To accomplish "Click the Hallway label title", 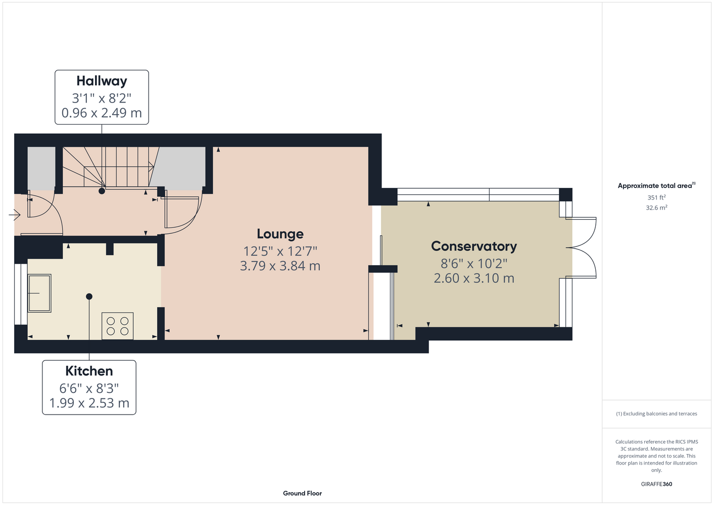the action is pos(102,81).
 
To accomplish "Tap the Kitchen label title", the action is pos(89,371).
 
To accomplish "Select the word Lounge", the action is pos(280,234).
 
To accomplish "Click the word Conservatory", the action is pos(474,246).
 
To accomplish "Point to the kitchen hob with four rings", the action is pos(117,326).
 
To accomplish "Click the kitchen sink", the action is pos(39,293).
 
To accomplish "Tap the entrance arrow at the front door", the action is pos(15,215).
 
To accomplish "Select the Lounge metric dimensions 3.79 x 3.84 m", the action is pos(280,266).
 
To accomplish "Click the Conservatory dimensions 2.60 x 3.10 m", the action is pos(474,278).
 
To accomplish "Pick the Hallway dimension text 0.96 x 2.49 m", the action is pos(102,113).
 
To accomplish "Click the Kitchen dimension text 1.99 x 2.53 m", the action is pos(89,403).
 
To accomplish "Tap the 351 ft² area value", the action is pos(656,197).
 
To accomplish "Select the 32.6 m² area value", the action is pos(656,208).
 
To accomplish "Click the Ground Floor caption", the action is pos(303,493).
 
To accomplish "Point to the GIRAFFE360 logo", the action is pos(656,484).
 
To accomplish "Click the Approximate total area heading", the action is pos(656,185).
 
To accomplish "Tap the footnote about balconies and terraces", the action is pos(656,414).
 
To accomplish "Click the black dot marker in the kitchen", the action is pos(89,296).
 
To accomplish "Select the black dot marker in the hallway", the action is pos(102,191).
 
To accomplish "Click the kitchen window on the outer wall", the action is pos(21,294).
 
